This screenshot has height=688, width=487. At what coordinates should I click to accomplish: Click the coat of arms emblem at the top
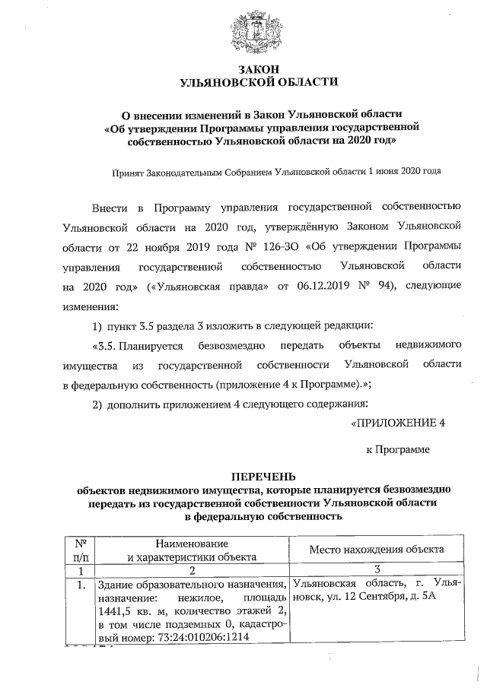pos(252,30)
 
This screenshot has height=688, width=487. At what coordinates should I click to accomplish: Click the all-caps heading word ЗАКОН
pos(251,68)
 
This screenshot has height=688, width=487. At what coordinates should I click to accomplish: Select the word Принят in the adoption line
pos(127,171)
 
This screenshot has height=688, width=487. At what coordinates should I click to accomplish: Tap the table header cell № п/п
pos(81,550)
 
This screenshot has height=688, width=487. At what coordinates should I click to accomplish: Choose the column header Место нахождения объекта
pos(377,550)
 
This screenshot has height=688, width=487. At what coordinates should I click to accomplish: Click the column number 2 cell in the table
pos(193,570)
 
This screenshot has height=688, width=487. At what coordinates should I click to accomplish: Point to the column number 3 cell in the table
pos(377,570)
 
